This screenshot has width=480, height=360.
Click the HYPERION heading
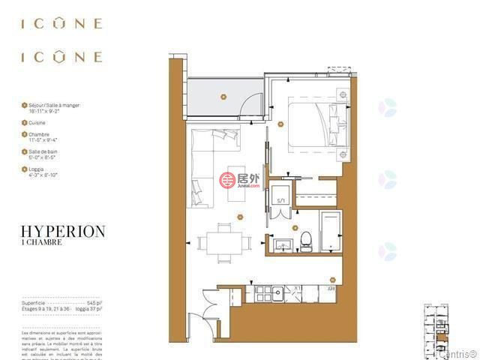64,232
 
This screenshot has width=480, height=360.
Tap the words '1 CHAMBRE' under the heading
41,243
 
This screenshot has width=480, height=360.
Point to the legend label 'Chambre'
39,134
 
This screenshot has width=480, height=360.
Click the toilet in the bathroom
305,239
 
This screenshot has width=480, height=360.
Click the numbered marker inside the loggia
223,97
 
